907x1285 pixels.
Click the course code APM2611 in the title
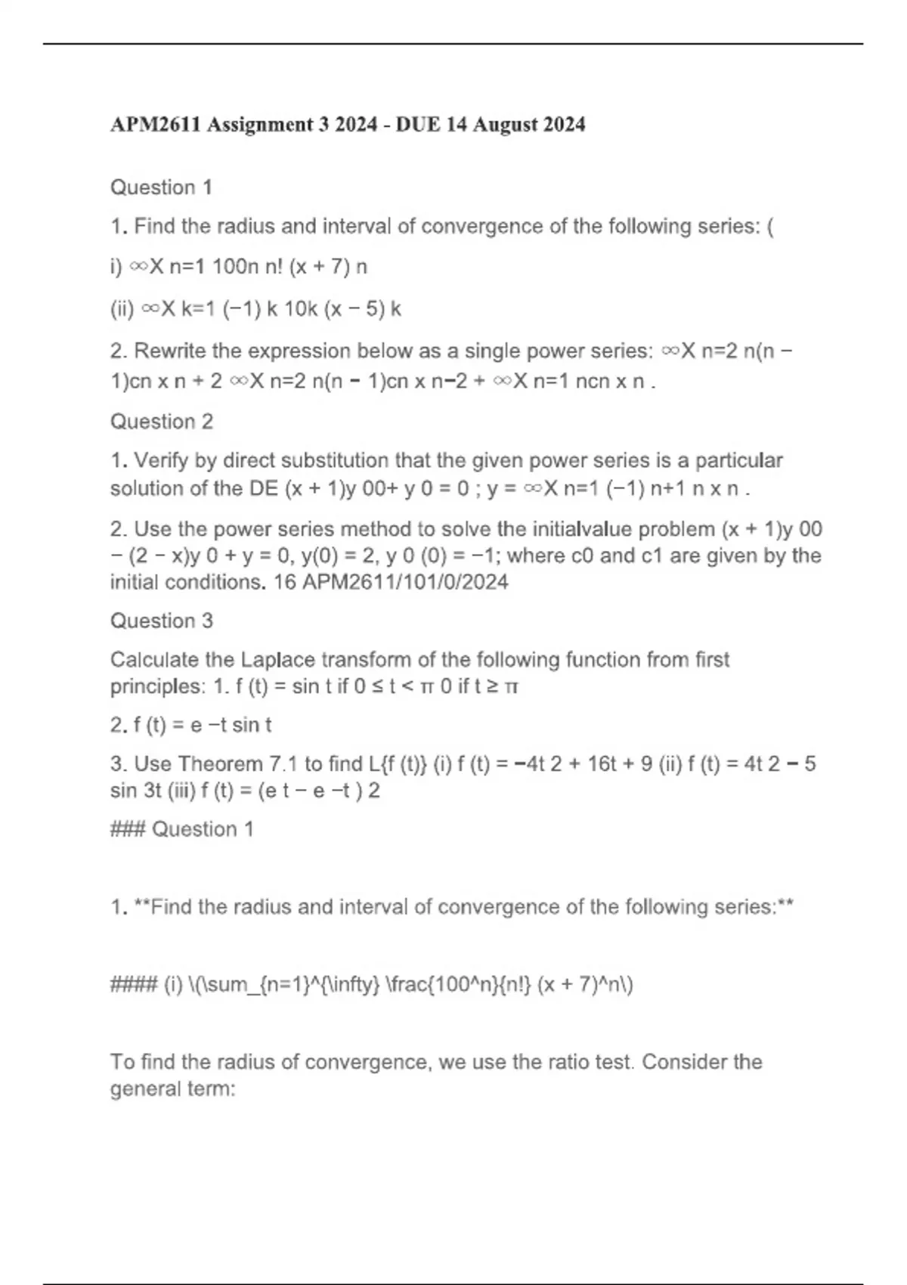pos(155,124)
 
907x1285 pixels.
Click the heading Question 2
pos(162,421)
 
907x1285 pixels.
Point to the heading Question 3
pos(162,621)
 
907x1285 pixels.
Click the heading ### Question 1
pos(182,829)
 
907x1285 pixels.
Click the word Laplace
pos(276,660)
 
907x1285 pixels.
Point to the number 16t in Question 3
pos(602,764)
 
